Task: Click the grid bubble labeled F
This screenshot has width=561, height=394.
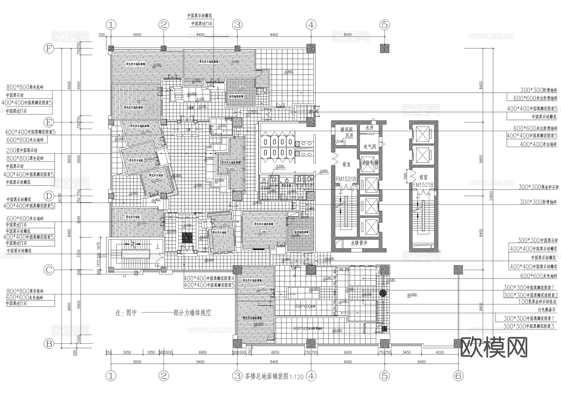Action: [49, 49]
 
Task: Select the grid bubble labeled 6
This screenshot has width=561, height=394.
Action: [458, 376]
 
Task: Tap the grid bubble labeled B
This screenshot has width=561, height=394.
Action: [49, 344]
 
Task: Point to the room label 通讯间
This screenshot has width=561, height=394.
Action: [346, 129]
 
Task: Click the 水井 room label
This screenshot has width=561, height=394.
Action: [369, 128]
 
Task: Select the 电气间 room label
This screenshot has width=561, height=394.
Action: [370, 146]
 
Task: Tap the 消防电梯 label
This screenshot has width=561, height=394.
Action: [370, 163]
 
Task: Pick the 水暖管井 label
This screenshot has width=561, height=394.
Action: [359, 243]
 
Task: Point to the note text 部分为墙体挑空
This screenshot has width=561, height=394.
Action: [192, 313]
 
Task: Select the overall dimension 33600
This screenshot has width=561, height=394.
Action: [491, 196]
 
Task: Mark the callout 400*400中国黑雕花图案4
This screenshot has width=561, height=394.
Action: [209, 278]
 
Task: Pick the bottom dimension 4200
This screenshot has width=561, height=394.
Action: [440, 352]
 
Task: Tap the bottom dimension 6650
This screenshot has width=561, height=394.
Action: [275, 352]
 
